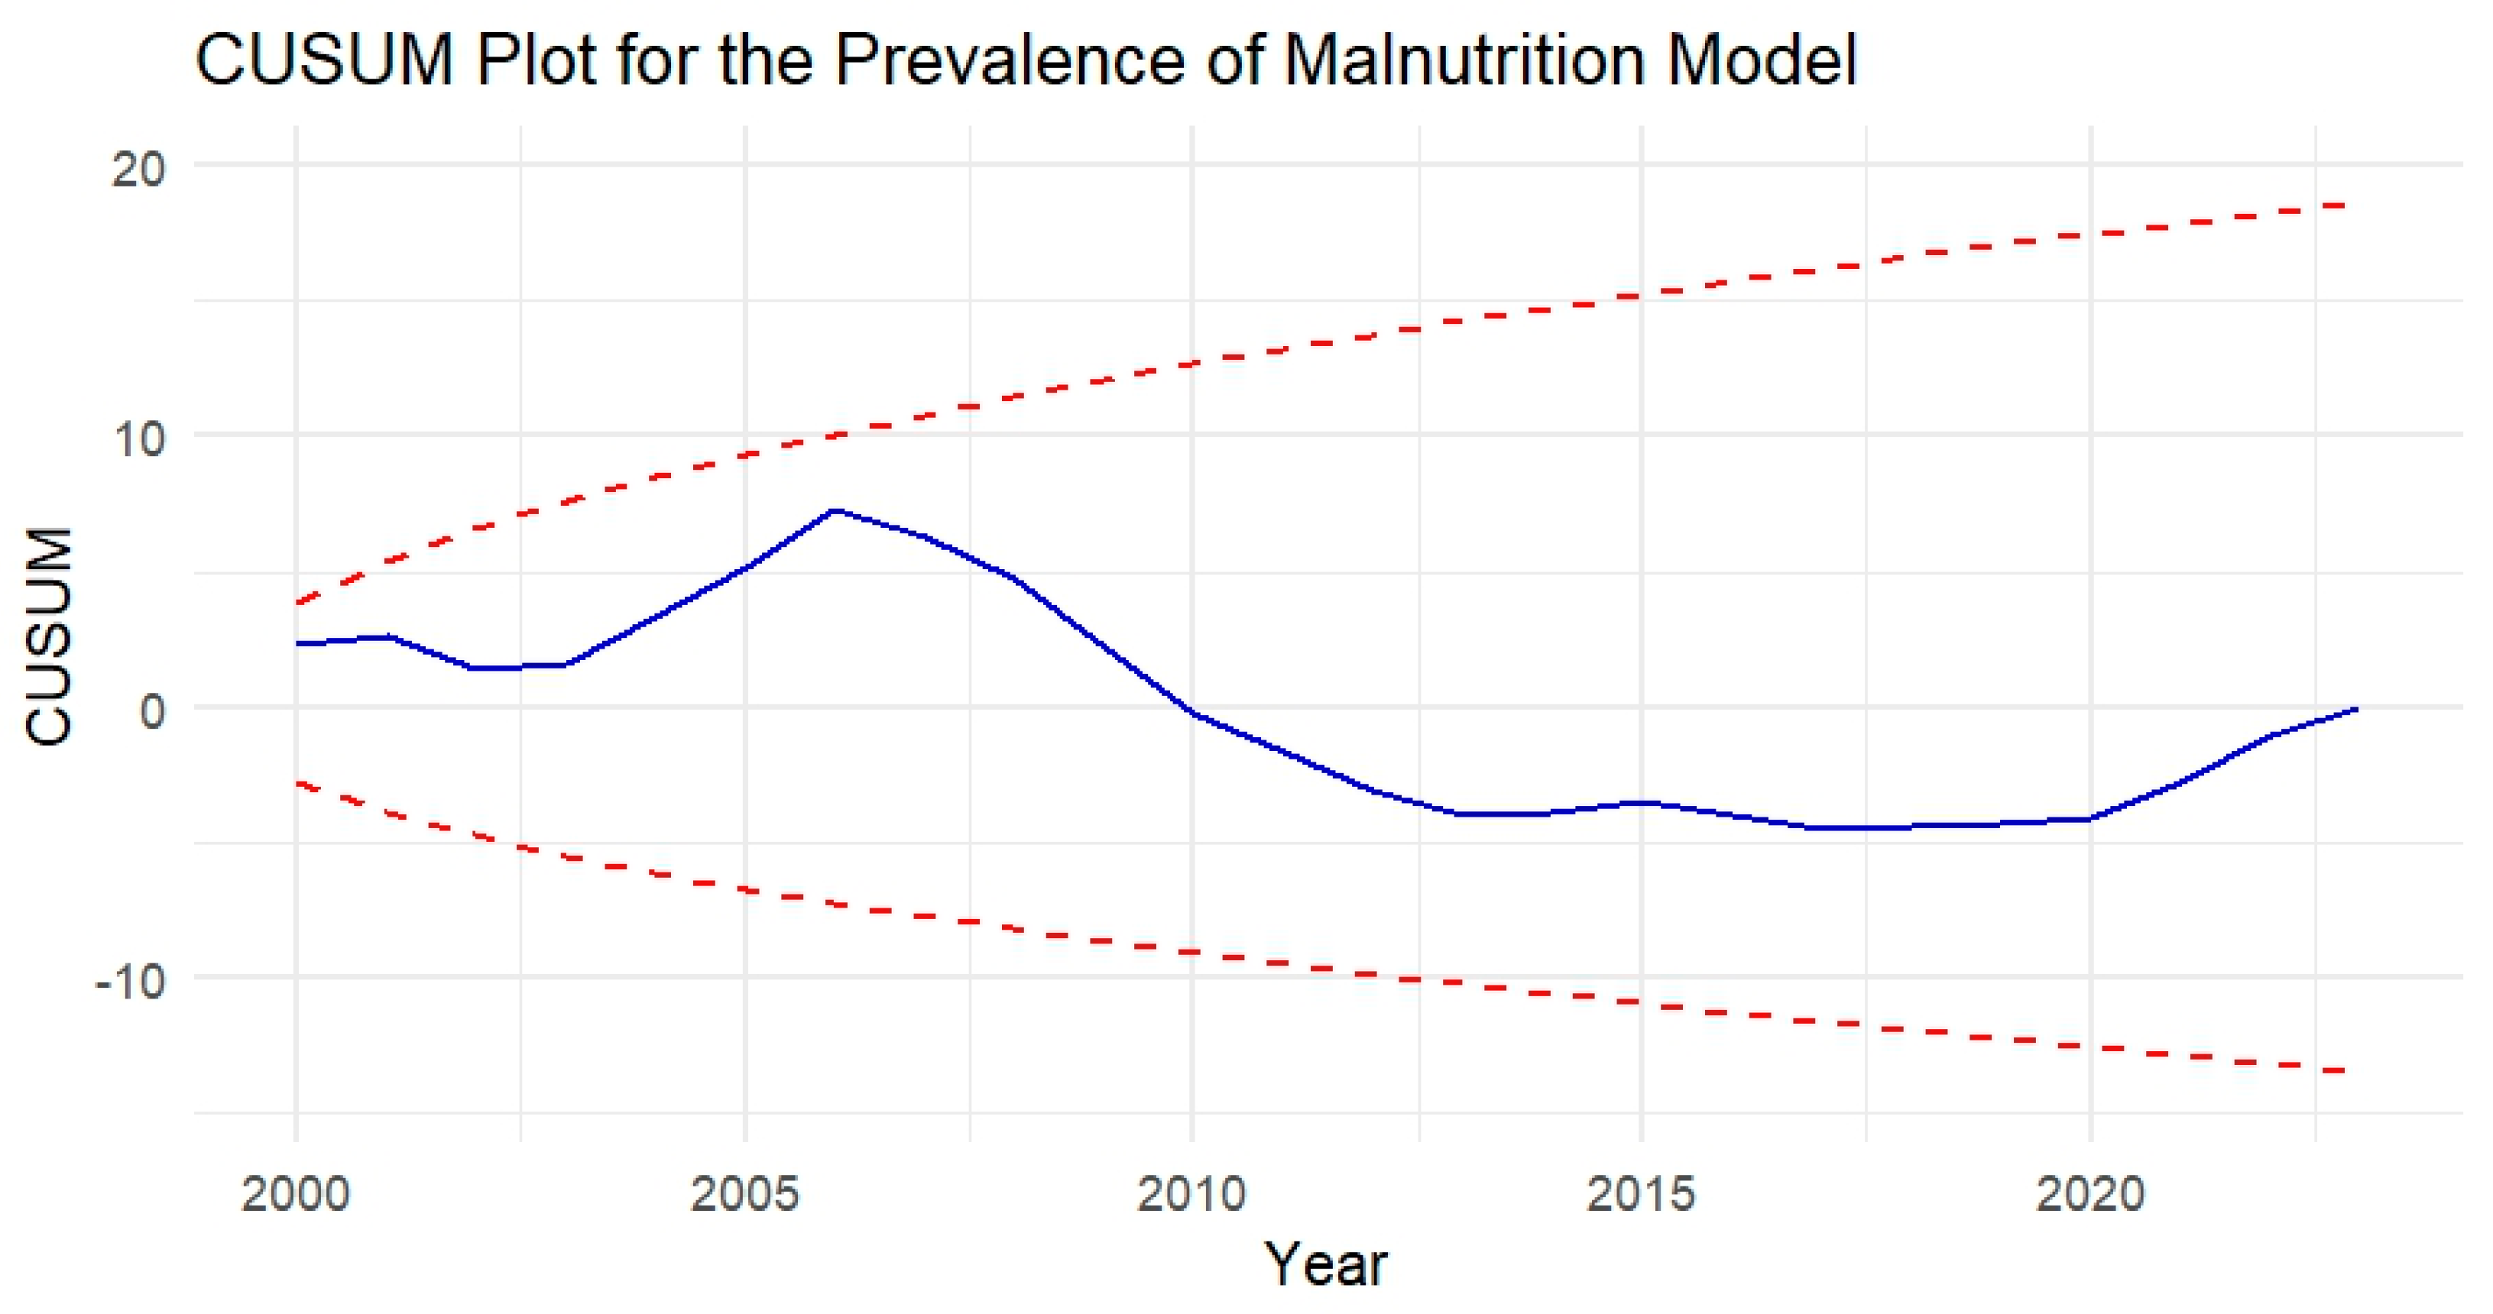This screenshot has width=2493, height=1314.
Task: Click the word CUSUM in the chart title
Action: [x=325, y=61]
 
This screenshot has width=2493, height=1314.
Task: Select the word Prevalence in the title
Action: [x=1010, y=61]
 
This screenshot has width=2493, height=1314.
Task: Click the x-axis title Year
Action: [x=1327, y=1263]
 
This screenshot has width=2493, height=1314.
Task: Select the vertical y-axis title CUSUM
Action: [x=48, y=636]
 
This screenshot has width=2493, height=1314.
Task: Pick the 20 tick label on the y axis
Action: [x=138, y=170]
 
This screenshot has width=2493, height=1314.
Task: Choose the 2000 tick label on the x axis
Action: [x=295, y=1194]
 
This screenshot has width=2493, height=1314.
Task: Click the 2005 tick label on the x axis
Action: [x=744, y=1194]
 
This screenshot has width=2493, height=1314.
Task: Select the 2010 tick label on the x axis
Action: [x=1191, y=1194]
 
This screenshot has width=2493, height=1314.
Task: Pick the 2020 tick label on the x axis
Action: [x=2090, y=1194]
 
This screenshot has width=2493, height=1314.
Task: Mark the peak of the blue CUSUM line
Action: [x=835, y=510]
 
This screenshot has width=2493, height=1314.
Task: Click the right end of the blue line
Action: [x=2355, y=709]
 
